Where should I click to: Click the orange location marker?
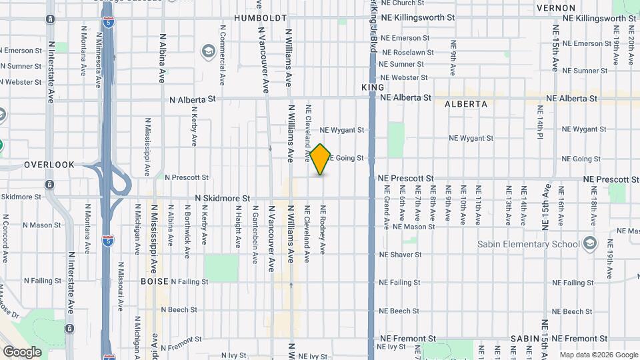[321, 159]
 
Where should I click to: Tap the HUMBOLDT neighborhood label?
[261, 18]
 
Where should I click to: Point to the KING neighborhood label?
[373, 87]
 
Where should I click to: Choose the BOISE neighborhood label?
[154, 281]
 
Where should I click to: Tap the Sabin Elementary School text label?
[529, 244]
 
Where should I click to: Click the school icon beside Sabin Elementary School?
[589, 243]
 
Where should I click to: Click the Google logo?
[22, 351]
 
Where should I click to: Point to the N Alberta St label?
[193, 99]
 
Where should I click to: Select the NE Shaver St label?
[400, 255]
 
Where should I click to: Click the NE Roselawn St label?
[406, 52]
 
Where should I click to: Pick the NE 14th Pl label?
[539, 134]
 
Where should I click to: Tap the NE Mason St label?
[414, 227]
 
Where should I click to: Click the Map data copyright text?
[597, 355]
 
